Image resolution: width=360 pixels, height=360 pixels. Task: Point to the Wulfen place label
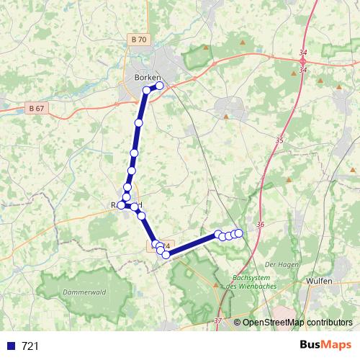(x=319, y=281)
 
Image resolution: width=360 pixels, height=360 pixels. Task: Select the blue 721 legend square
(x=11, y=346)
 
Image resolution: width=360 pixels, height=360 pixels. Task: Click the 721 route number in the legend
(x=30, y=346)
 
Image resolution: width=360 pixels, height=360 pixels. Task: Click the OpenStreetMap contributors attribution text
(x=297, y=322)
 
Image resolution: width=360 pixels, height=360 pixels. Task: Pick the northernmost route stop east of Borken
(x=160, y=86)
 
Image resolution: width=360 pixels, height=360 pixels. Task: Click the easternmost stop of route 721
(x=239, y=233)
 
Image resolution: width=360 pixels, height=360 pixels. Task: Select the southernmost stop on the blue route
(x=166, y=255)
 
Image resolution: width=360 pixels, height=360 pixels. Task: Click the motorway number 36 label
(x=260, y=225)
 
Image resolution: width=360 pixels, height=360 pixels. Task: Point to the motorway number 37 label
(x=217, y=320)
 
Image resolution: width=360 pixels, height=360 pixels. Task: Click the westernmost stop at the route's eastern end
(x=217, y=234)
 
